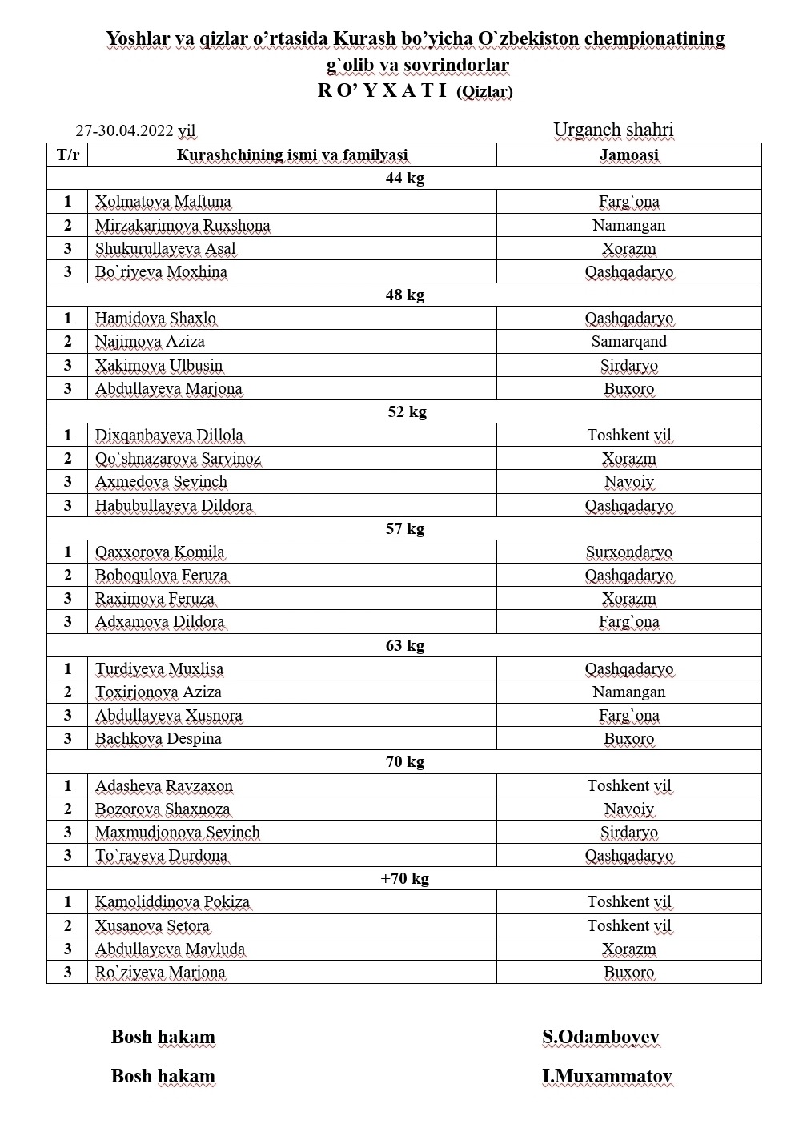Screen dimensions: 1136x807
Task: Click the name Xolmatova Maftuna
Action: tap(163, 202)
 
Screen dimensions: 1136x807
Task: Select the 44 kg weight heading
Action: tap(404, 178)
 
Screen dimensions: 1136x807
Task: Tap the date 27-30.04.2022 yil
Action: tap(135, 131)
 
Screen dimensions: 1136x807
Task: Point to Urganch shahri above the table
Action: tap(613, 130)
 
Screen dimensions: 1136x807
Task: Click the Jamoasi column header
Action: tap(628, 155)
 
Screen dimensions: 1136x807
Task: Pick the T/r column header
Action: tap(67, 155)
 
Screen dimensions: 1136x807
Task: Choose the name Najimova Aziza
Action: tap(150, 342)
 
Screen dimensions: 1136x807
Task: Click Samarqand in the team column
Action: tap(628, 342)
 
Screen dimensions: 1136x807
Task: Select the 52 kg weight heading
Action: tap(406, 411)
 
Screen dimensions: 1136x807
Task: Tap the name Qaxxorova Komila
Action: tap(160, 552)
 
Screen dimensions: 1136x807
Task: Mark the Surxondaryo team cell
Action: tap(628, 552)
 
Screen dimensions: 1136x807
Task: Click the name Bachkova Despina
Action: tap(159, 739)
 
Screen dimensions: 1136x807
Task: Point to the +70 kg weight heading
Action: tap(404, 879)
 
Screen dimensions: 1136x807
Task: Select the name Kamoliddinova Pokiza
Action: tap(172, 902)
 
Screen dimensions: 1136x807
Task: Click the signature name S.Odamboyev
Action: tap(600, 1038)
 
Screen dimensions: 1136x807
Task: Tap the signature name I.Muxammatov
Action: tap(607, 1077)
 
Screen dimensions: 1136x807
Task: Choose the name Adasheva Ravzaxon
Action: tap(164, 786)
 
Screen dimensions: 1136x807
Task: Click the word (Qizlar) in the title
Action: tap(484, 92)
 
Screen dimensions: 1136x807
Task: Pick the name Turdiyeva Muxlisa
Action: tap(159, 669)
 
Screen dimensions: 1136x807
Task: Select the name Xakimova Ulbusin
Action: tap(159, 366)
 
